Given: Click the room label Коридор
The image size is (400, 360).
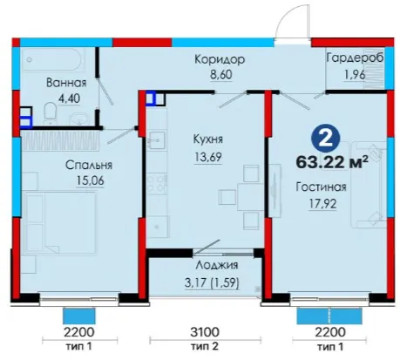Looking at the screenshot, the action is point(220,59).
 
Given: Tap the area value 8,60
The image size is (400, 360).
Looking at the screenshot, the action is point(221,74).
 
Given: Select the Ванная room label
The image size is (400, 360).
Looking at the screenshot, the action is point(66,83).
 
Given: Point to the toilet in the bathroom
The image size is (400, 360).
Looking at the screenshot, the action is point(50,112).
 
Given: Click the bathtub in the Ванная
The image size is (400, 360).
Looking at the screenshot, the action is point(53,59).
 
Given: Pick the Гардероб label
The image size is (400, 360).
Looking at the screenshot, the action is point(355,58).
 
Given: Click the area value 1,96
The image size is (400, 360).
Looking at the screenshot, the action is point(355,75).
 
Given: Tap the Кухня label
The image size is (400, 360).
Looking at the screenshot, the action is point(208,139).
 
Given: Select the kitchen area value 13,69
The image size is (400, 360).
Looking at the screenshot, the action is point(208,157).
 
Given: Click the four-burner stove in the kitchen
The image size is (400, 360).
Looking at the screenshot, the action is point(156,183).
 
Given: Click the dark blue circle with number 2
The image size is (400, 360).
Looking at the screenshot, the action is point(325,139).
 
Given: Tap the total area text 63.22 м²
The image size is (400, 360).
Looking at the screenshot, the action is point(332,162).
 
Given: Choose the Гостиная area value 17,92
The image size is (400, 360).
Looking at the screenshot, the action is point(322,203).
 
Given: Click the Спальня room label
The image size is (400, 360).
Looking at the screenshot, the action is point(89,165).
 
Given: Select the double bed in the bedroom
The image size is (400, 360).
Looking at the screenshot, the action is point(60,222).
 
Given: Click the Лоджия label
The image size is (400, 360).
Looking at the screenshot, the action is point(216,265).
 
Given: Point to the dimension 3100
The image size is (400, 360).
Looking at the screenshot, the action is point(205,332).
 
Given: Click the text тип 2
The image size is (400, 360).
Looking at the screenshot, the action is point(205,346).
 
